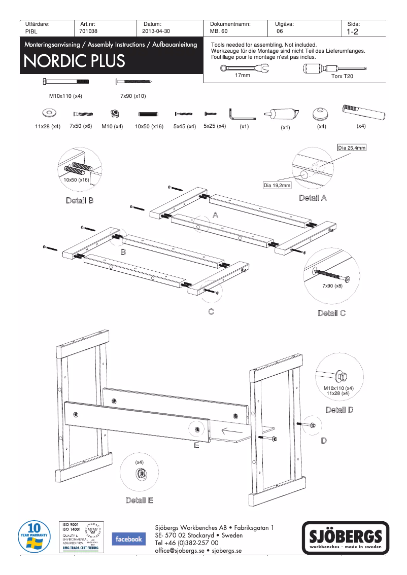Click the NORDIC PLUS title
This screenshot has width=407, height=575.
tap(74, 61)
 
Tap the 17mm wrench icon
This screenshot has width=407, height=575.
tap(242, 68)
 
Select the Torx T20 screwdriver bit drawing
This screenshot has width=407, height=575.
tap(342, 68)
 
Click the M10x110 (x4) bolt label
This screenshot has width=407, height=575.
tap(65, 95)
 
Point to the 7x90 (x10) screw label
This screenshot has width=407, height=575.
tap(133, 95)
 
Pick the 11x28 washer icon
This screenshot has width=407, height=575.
tap(48, 113)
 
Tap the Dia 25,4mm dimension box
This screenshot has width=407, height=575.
tap(352, 148)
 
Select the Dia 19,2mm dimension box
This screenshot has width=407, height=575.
tap(277, 186)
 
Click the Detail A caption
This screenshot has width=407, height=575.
tap(313, 198)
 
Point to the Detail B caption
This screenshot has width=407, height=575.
tap(80, 200)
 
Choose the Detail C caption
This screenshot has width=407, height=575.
tap(331, 313)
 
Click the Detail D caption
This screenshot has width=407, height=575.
tap(340, 410)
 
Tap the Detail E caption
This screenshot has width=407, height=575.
tap(139, 500)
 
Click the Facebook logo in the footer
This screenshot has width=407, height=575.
tap(127, 539)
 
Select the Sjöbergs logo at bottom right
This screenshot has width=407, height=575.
tap(346, 538)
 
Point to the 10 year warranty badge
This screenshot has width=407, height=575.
tap(34, 537)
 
